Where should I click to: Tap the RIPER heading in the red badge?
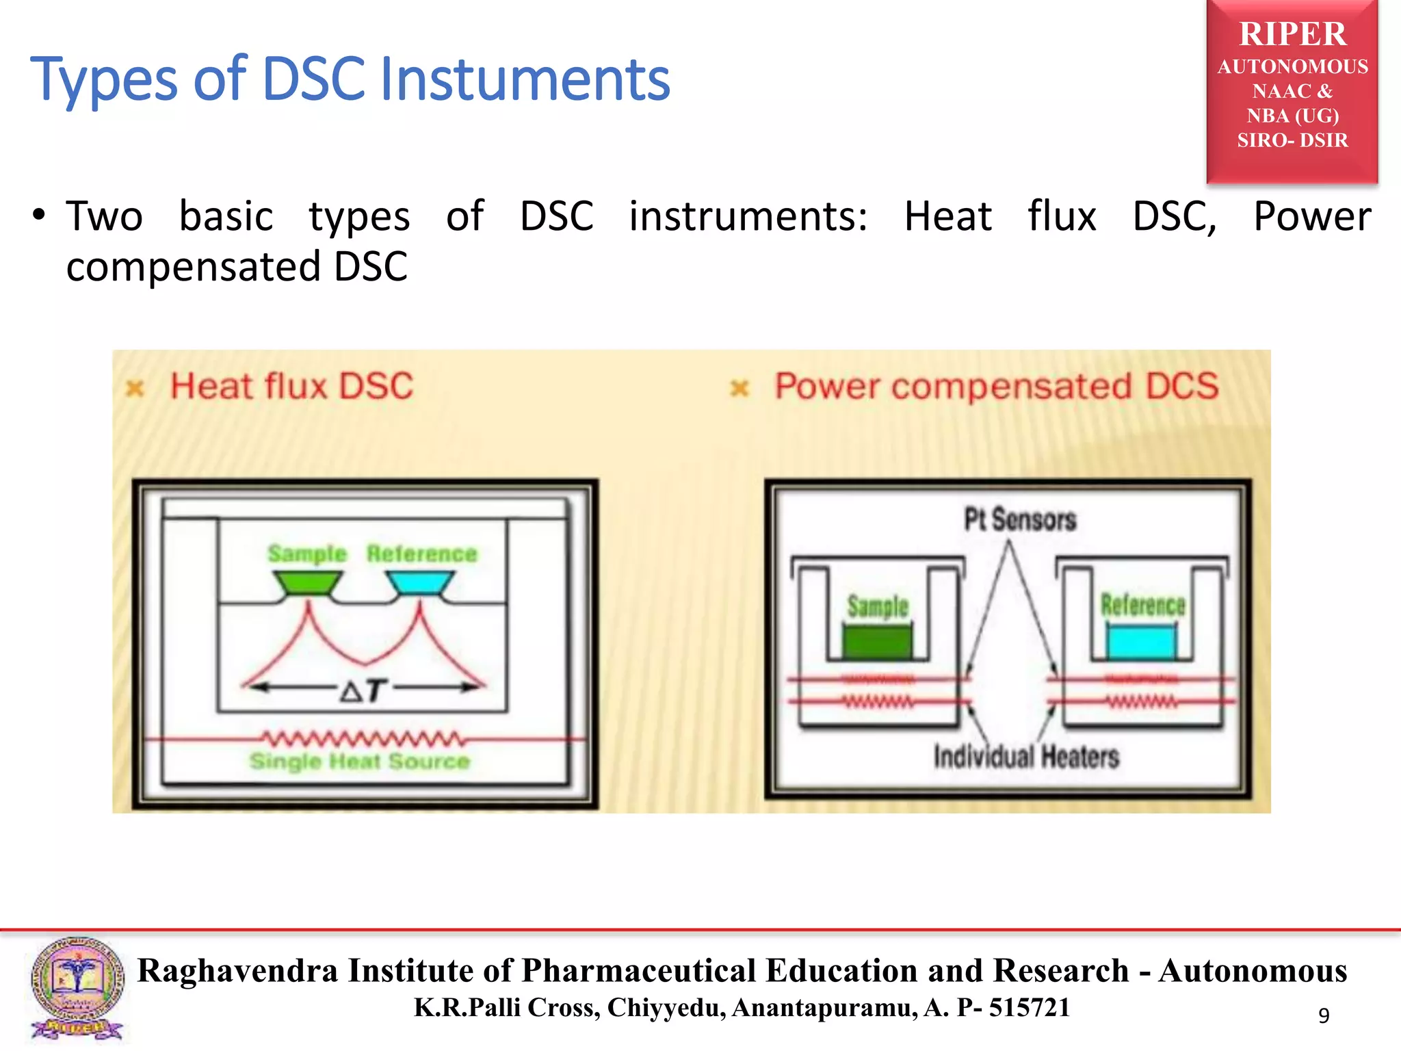1292,34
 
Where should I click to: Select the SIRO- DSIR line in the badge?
1292,140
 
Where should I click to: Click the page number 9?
1324,1015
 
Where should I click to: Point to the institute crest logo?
77,988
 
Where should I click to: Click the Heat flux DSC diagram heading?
292,386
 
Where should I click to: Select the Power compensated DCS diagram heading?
996,386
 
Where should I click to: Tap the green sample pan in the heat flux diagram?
307,583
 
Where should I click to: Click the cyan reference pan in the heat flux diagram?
420,583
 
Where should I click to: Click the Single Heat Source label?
360,761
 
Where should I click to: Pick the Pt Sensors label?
1019,519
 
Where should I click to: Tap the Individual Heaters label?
1026,757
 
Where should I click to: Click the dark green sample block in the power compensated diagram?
877,641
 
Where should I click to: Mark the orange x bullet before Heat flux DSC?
135,389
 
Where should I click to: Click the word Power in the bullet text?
1311,217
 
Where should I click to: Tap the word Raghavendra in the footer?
238,971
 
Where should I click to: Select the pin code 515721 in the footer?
1029,1007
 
